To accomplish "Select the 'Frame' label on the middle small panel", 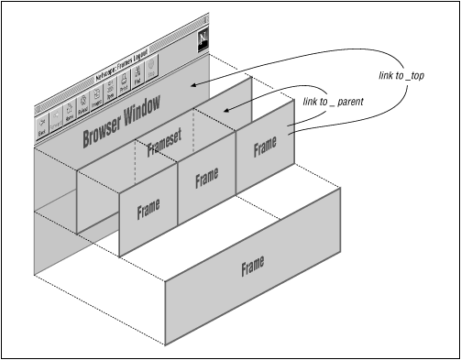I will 207,180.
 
